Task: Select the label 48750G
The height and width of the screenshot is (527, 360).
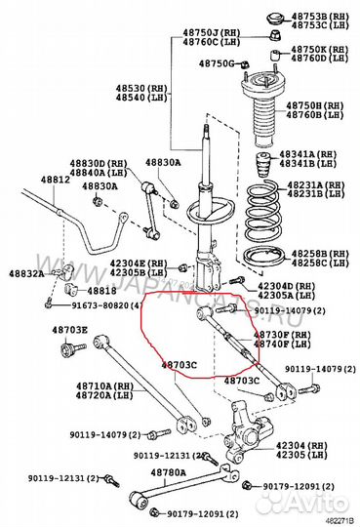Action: (x=217, y=63)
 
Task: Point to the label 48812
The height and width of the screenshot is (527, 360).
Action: (x=55, y=181)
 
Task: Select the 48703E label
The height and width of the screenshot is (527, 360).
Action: (x=69, y=331)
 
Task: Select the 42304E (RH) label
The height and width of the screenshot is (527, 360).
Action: (x=147, y=263)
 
